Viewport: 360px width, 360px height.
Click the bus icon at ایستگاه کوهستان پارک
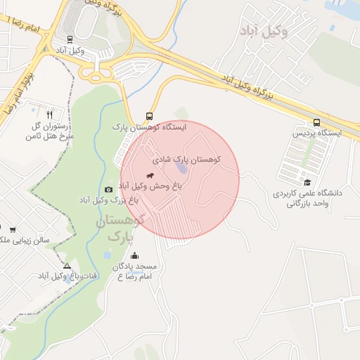click(148, 116)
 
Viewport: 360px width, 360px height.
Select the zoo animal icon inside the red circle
click(150, 175)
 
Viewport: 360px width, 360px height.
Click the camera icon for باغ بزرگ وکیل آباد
click(108, 189)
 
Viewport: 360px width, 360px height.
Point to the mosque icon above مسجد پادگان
click(134, 256)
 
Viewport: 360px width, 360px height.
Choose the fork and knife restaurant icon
click(49, 114)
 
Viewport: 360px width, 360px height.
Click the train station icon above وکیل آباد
click(69, 40)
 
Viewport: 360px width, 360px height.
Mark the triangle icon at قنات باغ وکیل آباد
click(67, 266)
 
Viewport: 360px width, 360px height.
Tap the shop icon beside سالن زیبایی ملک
click(13, 229)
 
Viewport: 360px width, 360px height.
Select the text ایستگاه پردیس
click(316, 132)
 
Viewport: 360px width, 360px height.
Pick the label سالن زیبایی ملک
click(26, 240)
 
